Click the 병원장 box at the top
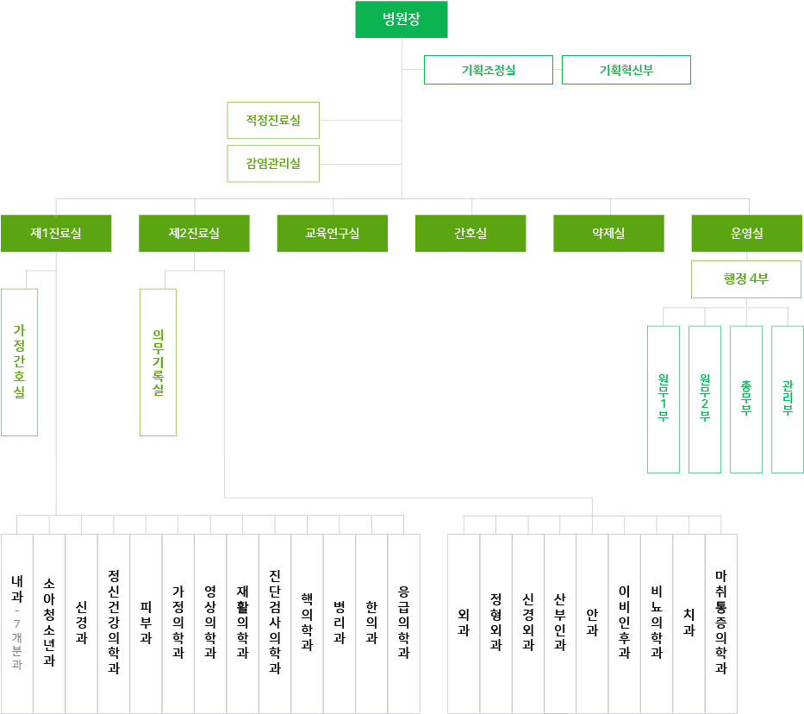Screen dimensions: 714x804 coord(402,19)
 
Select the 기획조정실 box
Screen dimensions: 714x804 coord(488,70)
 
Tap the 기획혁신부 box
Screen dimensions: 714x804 coord(626,70)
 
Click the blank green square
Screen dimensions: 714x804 coord(272,142)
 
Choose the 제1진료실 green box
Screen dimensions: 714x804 coord(56,234)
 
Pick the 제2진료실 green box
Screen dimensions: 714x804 coord(194,234)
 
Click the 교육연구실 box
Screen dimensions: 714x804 coord(332,234)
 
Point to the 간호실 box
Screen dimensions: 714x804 coord(471,234)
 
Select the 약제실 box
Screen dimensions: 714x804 coord(608,234)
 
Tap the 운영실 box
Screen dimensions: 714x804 coord(746,234)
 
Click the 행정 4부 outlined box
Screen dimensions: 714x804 coord(746,279)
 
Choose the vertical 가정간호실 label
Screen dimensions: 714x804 coord(19,362)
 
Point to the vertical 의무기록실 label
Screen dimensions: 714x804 coord(159,366)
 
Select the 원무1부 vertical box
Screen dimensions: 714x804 coord(663,398)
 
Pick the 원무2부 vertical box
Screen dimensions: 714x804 coord(704,398)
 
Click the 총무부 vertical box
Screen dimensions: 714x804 coord(745,398)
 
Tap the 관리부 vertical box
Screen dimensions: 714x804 coord(787,398)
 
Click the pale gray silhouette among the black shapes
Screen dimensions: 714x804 coord(16,642)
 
